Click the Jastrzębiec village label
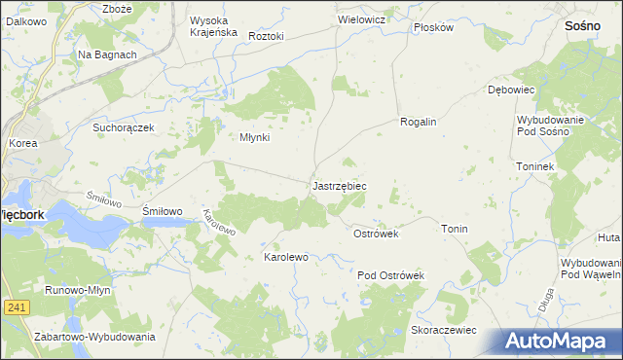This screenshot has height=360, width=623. tap(340, 185)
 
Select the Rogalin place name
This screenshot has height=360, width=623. tap(418, 122)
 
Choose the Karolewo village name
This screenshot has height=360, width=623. tap(286, 257)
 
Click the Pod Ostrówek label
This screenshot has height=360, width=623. tap(391, 276)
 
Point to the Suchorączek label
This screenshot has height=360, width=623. tap(124, 127)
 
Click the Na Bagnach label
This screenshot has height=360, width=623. tap(107, 55)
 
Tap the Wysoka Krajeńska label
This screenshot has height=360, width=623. tap(213, 26)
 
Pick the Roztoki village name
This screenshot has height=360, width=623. tap(266, 36)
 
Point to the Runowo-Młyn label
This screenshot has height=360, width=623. tap(82, 290)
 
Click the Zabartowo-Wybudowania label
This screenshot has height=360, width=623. tap(94, 337)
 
